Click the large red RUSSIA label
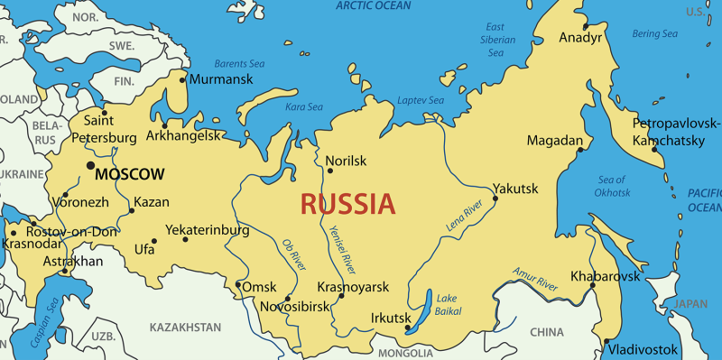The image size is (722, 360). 347,204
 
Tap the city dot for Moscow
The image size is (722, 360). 89,166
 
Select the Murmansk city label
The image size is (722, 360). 222,79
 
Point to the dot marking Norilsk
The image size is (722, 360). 329,160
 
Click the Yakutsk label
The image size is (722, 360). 515,189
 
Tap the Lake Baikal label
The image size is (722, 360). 448,305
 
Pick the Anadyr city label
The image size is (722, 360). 580,38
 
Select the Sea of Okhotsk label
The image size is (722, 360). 611,187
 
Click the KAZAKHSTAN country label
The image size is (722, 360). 185,327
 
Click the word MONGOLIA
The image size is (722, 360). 405,353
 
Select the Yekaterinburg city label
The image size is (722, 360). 218,230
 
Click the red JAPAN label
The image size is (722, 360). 691,304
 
